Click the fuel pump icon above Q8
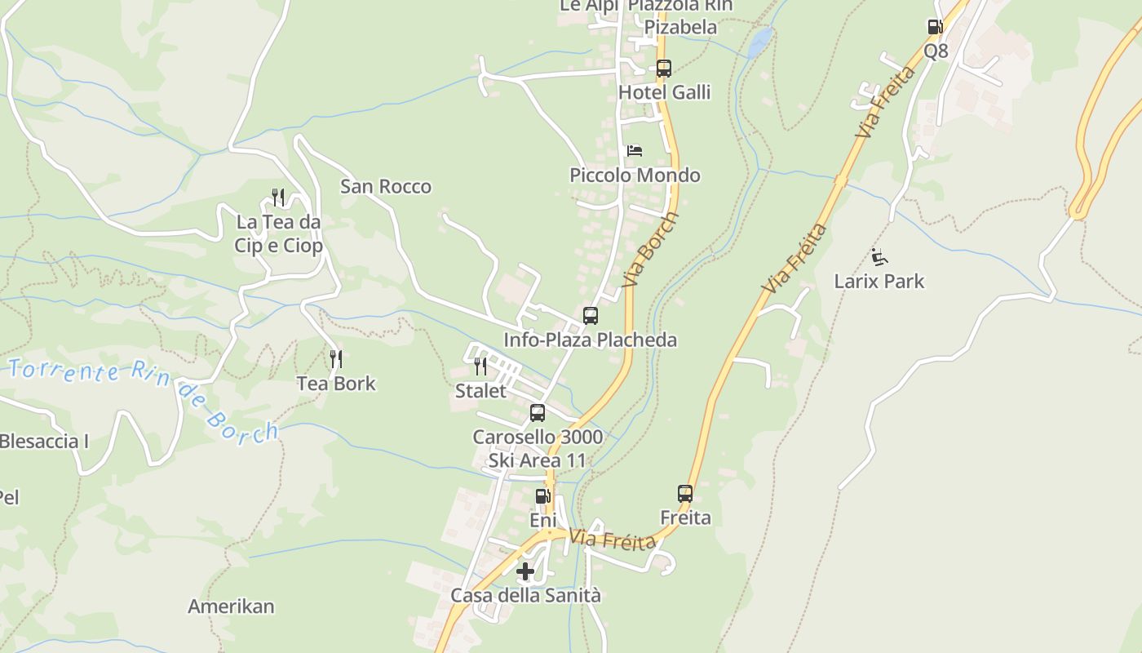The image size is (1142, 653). click(x=935, y=27)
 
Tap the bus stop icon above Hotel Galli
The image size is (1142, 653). click(x=664, y=69)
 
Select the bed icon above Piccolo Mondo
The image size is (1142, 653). click(x=634, y=151)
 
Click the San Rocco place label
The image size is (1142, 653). click(x=386, y=187)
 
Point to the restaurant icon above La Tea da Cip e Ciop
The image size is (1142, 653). click(x=278, y=198)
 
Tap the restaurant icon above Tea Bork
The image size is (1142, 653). click(x=335, y=359)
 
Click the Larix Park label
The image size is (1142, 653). click(x=879, y=282)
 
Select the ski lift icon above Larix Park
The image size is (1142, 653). click(x=879, y=258)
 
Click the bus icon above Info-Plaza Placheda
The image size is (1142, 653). click(x=590, y=316)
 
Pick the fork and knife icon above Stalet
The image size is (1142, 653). click(x=480, y=366)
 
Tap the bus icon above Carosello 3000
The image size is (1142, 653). click(x=537, y=413)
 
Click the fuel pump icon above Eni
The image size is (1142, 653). click(x=542, y=496)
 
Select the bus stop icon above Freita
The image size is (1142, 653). click(x=684, y=494)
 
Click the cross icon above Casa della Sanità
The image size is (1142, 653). click(x=525, y=571)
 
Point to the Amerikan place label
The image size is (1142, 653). click(x=231, y=606)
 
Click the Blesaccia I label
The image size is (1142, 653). click(x=44, y=442)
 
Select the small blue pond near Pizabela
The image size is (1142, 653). click(x=760, y=42)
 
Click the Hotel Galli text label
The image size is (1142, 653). click(x=664, y=92)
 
